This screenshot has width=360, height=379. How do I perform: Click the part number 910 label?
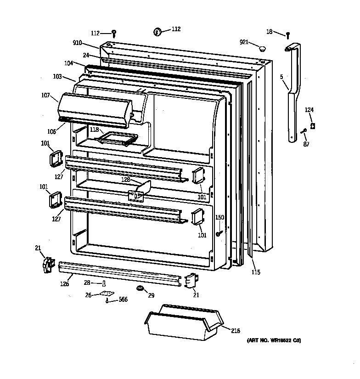[x=77, y=43]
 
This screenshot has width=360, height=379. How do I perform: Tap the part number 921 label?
[x=244, y=42]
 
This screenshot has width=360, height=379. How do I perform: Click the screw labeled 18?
[x=288, y=34]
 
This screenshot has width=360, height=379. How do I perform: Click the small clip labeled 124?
[x=313, y=125]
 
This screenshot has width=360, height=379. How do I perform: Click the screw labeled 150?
[x=219, y=233]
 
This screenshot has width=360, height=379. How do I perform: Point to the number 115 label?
[x=256, y=272]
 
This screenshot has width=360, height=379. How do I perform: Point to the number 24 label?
[x=85, y=56]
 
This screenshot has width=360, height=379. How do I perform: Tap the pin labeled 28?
[x=104, y=283]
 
